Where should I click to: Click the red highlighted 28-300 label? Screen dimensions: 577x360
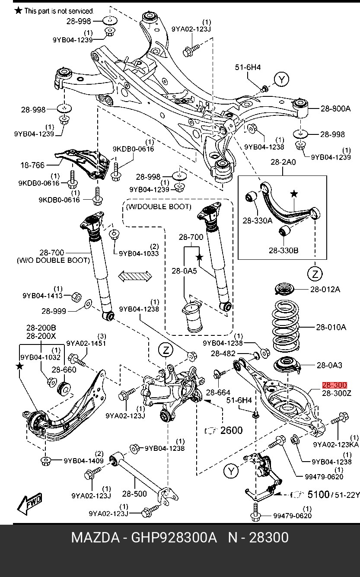pos(335,385)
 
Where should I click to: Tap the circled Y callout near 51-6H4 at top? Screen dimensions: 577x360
pos(282,80)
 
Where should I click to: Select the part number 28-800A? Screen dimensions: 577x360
pos(335,109)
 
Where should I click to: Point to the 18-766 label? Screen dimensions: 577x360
pos(32,165)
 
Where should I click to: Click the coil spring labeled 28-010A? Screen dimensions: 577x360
pos(285,328)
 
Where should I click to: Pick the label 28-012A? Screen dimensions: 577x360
pos(325,289)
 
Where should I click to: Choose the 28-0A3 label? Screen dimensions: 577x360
pos(329,365)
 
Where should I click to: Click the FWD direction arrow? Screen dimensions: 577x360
pos(30,503)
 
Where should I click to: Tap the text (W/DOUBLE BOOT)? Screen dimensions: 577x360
pos(158,207)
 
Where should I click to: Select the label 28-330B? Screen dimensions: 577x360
pos(284,250)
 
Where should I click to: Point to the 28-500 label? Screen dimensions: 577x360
pos(134,493)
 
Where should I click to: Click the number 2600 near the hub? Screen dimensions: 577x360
pos(231,430)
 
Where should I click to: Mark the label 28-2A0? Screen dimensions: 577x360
pos(283,163)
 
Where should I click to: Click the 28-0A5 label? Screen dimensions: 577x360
pos(184,271)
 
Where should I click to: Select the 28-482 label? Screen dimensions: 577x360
pos(223,354)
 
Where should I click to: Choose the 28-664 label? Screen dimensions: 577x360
pos(218,392)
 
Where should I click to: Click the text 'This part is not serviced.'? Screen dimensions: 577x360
pos(59,11)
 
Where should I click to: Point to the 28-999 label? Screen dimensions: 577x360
pos(54,310)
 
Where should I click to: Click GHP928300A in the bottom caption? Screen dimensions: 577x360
pos(174,538)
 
